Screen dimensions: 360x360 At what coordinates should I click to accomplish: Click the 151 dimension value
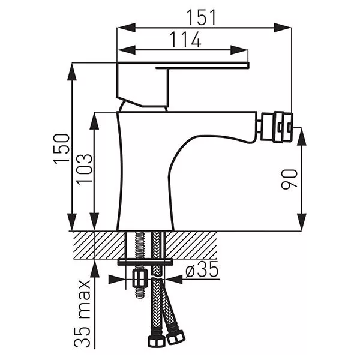202,17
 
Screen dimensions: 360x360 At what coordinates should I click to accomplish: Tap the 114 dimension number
185,40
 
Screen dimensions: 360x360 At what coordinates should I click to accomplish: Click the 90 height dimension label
289,179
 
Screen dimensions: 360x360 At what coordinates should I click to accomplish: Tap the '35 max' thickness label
82,314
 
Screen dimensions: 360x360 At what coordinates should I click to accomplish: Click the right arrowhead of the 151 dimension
283,28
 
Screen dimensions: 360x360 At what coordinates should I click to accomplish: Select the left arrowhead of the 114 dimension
126,50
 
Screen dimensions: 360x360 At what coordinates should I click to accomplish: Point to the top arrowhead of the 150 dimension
72,71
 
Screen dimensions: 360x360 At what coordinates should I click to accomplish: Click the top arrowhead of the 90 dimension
301,137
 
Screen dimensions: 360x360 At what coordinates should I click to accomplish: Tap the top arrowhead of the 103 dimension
94,121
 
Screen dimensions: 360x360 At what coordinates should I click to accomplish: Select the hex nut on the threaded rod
140,278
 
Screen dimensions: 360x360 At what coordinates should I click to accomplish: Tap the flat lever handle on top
183,65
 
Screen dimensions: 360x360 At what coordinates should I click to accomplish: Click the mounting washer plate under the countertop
145,262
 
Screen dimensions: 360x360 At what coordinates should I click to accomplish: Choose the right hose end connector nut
176,337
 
